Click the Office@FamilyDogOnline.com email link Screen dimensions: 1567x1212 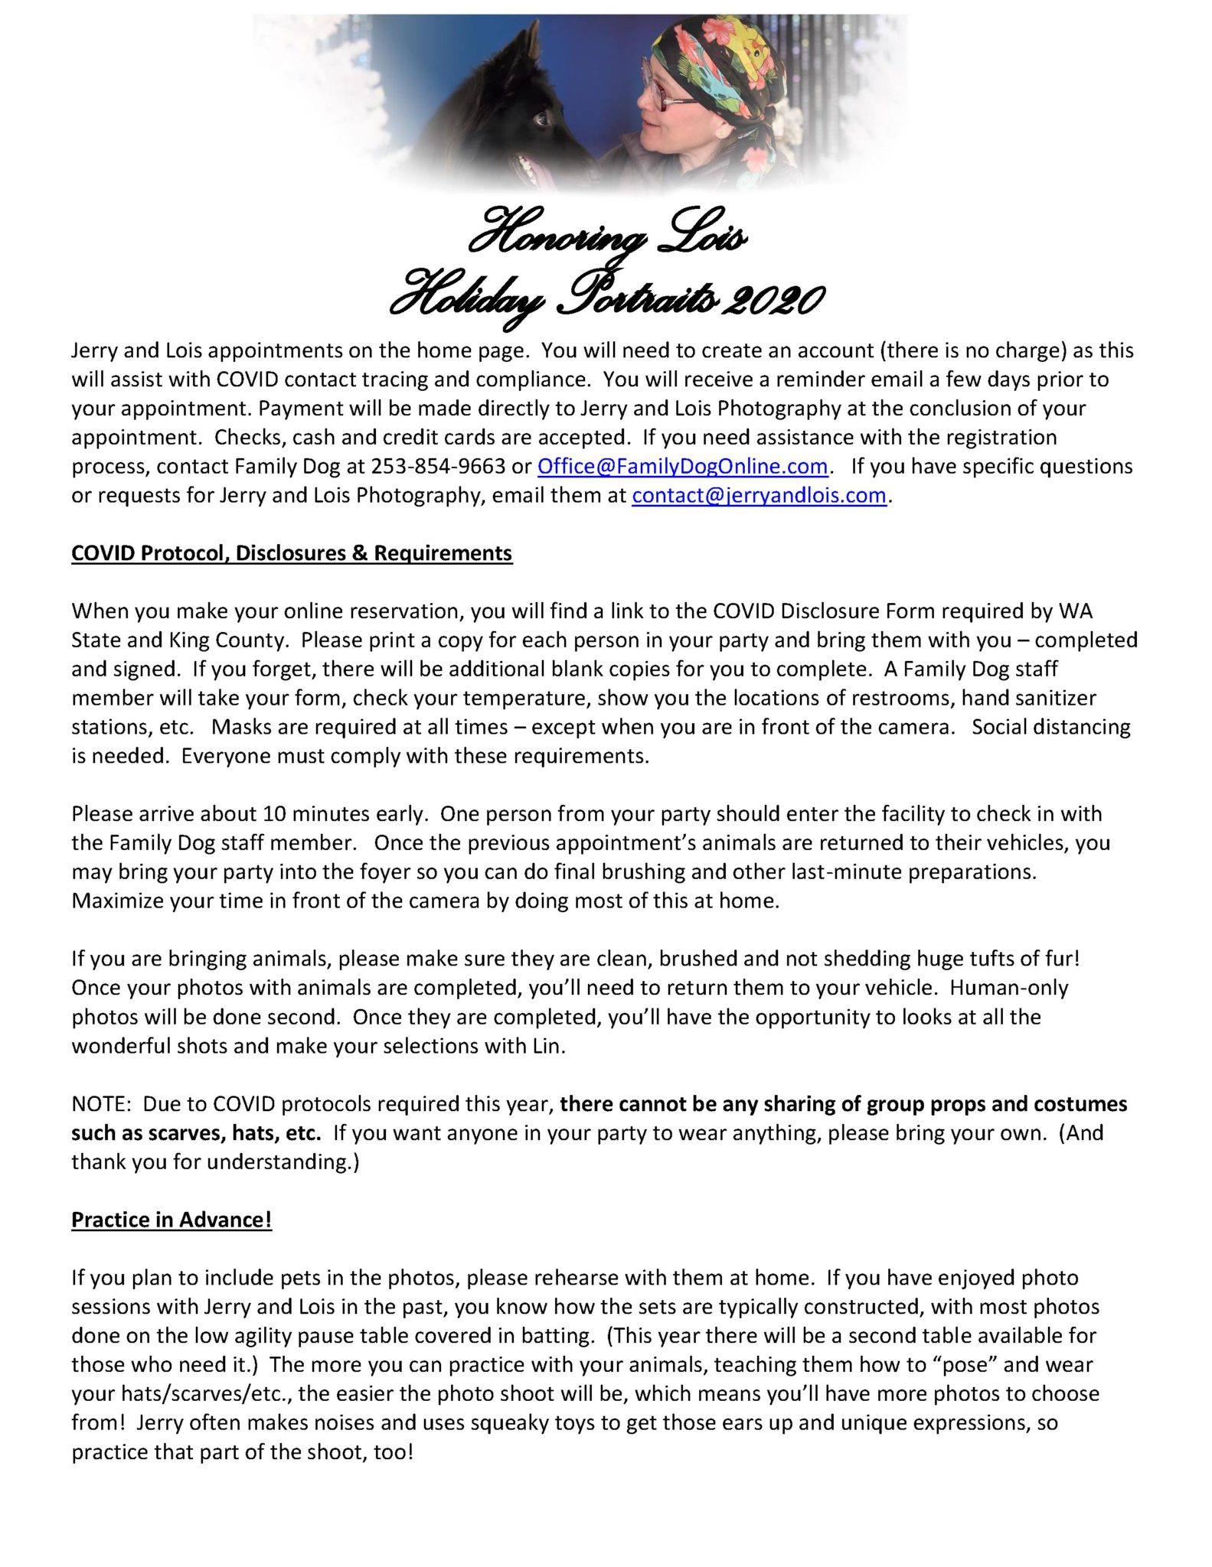click(x=682, y=467)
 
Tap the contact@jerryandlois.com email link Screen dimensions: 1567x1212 click(x=759, y=496)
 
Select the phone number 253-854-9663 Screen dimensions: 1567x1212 click(x=438, y=467)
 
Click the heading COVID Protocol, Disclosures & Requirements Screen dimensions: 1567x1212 click(x=292, y=553)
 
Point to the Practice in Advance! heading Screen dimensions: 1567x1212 click(x=172, y=1220)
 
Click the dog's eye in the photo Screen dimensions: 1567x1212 click(x=542, y=119)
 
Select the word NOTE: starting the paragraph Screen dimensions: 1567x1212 click(x=102, y=1104)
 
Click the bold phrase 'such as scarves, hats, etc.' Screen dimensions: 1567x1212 click(x=196, y=1133)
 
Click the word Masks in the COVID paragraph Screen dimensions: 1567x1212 click(x=239, y=727)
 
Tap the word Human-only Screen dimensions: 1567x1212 click(x=1009, y=988)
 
